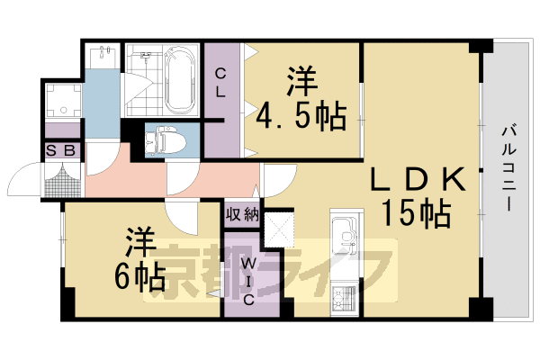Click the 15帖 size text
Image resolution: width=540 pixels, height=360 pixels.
point(416,214)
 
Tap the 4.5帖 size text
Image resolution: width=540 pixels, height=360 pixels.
point(300,114)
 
